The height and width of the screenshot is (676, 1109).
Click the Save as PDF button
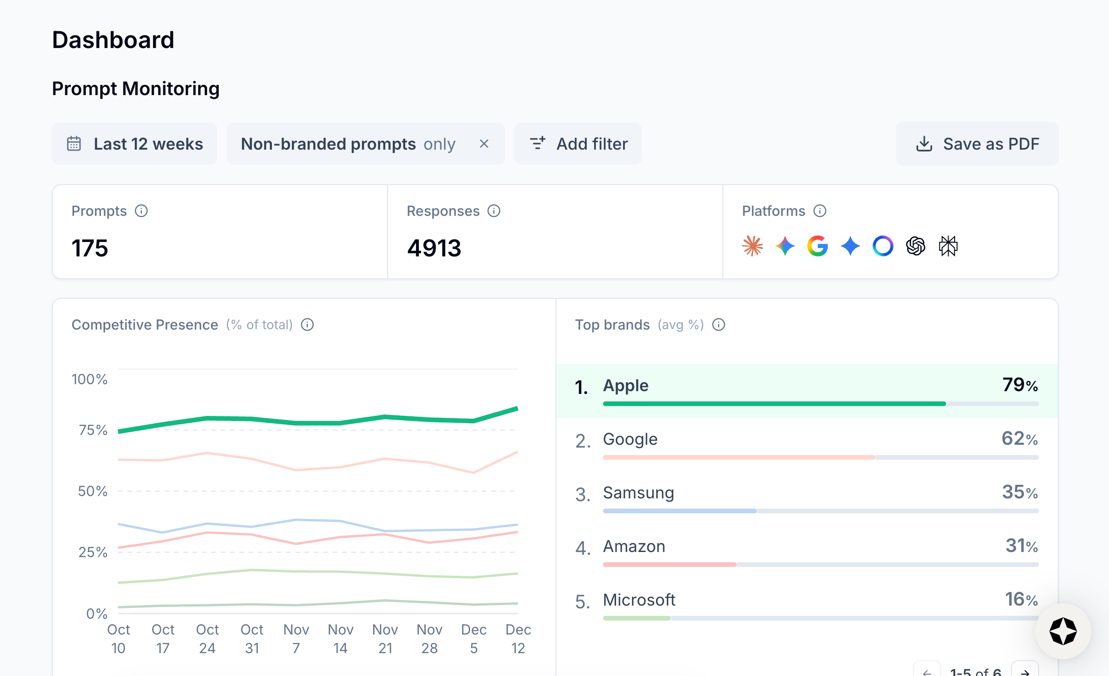[x=977, y=144]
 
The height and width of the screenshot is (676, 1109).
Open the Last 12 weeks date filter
[x=135, y=144]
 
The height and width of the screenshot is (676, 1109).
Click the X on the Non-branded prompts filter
[x=484, y=144]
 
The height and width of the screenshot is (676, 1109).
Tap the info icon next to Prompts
[x=141, y=211]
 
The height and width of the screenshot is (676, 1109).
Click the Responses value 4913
[x=434, y=248]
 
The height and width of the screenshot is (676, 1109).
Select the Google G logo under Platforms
[x=818, y=246]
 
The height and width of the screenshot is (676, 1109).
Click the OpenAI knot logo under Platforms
[x=915, y=246]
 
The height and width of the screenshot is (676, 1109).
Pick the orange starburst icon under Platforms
[x=752, y=246]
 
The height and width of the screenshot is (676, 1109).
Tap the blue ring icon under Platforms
[x=883, y=246]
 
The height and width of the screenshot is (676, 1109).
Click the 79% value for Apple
[x=1020, y=385]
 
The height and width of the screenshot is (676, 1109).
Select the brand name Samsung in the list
[x=638, y=493]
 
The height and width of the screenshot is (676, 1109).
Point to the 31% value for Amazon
[x=1021, y=546]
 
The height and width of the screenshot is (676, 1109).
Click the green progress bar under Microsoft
[x=636, y=618]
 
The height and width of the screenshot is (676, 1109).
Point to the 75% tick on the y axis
[x=93, y=430]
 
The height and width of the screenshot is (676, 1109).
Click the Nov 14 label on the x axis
[x=340, y=639]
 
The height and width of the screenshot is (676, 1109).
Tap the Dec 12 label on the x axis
[x=518, y=639]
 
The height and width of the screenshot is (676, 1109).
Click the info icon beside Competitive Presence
[x=307, y=324]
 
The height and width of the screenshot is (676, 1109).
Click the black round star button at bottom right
[x=1063, y=631]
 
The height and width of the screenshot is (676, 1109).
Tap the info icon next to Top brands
[x=719, y=324]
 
